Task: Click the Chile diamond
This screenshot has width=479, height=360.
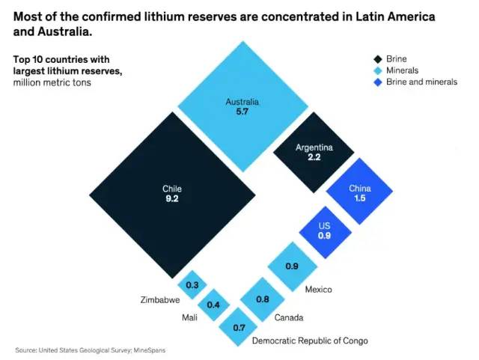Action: [172, 194]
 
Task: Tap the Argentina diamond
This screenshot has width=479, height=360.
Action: [314, 153]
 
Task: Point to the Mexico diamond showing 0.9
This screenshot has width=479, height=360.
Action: [293, 266]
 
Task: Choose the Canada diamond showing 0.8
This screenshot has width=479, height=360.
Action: [263, 299]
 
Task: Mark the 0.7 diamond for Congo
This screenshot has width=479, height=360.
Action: [239, 327]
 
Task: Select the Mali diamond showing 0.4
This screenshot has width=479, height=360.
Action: [213, 304]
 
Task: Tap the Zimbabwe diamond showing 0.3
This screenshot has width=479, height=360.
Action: [192, 284]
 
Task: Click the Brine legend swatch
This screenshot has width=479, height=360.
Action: [379, 59]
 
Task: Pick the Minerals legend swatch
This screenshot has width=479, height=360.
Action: [379, 70]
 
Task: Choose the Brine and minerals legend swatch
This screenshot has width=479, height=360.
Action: [379, 82]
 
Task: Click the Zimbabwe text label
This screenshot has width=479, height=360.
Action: [160, 300]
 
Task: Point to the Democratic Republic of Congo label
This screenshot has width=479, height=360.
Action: [310, 341]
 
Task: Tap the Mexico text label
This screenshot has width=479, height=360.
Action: [318, 290]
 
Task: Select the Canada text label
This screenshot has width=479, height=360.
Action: [288, 317]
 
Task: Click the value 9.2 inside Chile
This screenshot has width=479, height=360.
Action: [172, 200]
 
